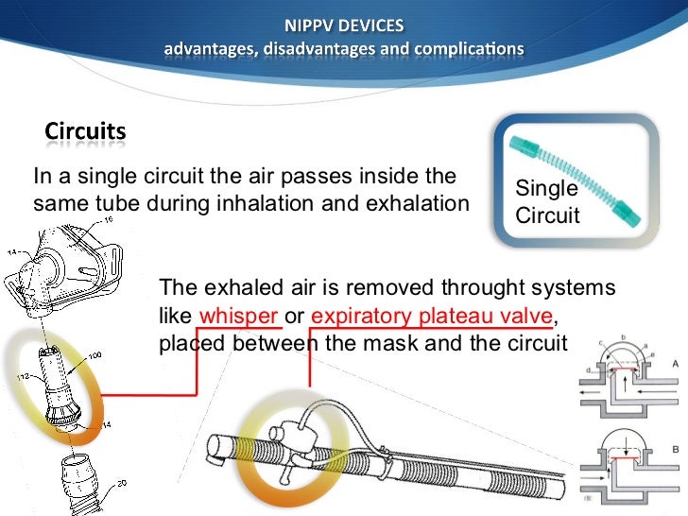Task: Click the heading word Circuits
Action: click(x=85, y=131)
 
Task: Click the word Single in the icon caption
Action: click(x=547, y=189)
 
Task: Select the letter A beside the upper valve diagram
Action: click(x=673, y=364)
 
